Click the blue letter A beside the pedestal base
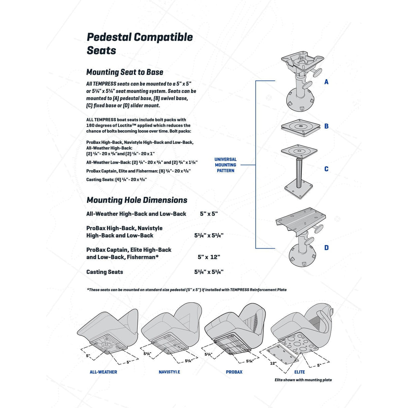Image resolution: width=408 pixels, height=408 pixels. point(326,82)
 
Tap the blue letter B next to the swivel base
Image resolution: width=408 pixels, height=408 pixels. point(326,126)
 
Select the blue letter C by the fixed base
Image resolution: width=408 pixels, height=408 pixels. point(326,169)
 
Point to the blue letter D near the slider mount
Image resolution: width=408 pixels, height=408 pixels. point(326,248)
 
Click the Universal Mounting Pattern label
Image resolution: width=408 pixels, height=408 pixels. point(225,165)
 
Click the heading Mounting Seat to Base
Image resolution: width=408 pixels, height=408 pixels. point(125,72)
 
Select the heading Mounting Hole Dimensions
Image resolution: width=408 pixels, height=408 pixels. point(137,200)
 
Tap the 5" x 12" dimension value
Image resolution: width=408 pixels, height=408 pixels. point(209,257)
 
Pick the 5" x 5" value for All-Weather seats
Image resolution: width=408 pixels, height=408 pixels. point(209,214)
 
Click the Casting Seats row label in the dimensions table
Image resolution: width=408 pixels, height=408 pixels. point(105,272)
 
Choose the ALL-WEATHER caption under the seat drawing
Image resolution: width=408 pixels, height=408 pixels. point(103,372)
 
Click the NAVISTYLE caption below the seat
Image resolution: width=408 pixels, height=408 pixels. point(169,372)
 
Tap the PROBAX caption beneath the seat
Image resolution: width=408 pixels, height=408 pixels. point(234,372)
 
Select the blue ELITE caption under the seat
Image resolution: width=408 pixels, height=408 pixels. point(300,372)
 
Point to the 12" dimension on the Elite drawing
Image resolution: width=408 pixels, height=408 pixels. point(273,363)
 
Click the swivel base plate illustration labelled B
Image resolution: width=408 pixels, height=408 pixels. point(301,126)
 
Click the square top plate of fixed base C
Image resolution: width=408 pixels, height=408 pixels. point(300,151)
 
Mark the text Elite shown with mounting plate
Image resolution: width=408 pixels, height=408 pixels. point(303,380)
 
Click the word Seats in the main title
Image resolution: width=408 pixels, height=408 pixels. point(101,51)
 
